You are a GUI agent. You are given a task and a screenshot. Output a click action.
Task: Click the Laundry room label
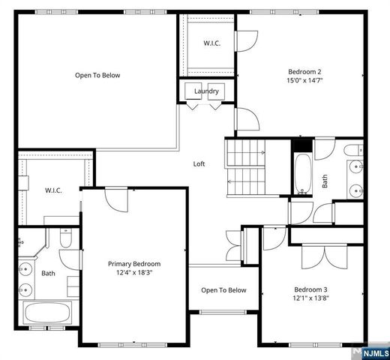pyautogui.click(x=206, y=91)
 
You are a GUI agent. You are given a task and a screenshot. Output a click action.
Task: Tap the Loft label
pyautogui.click(x=199, y=163)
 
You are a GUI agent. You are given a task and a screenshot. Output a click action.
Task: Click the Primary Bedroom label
pyautogui.click(x=134, y=264)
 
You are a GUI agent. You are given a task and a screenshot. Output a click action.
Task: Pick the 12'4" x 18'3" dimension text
pyautogui.click(x=134, y=274)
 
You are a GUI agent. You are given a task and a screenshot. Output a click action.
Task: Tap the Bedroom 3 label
pyautogui.click(x=310, y=289)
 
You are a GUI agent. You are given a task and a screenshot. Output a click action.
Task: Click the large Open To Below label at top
pyautogui.click(x=97, y=75)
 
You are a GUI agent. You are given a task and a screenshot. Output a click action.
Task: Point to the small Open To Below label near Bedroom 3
pyautogui.click(x=223, y=290)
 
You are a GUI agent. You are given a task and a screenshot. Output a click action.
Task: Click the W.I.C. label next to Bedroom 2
pyautogui.click(x=211, y=43)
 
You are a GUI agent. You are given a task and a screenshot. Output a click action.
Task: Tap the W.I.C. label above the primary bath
pyautogui.click(x=52, y=190)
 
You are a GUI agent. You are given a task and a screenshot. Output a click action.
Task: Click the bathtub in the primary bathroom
pyautogui.click(x=48, y=313)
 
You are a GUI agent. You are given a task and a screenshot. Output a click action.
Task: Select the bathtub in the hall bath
pyautogui.click(x=302, y=174)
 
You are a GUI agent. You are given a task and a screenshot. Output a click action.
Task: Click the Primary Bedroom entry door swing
pyautogui.click(x=117, y=199)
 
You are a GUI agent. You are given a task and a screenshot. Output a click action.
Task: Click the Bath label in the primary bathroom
pyautogui.click(x=48, y=273)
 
